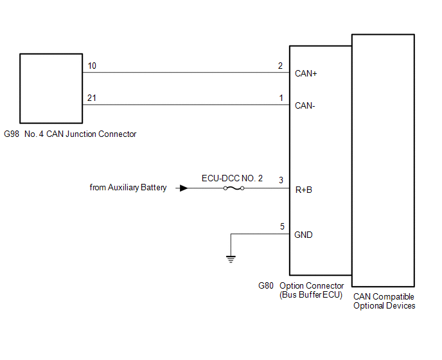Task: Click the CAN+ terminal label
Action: [306, 73]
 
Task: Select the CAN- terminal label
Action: [305, 105]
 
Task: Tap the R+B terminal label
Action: [304, 190]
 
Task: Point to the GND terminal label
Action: [303, 235]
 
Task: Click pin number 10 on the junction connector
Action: [91, 66]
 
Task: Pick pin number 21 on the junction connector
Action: [91, 98]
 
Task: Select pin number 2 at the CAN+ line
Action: [280, 66]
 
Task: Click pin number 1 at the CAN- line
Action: [280, 98]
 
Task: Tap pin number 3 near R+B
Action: [281, 180]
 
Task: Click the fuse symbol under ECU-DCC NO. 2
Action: [233, 188]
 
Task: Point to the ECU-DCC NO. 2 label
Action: [233, 178]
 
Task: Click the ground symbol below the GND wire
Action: [230, 259]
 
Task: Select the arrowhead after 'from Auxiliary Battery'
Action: [184, 188]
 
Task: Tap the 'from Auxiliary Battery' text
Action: [128, 188]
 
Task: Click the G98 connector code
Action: [12, 134]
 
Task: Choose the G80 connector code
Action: [266, 285]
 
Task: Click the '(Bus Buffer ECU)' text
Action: [311, 295]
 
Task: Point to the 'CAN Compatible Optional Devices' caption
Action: [384, 301]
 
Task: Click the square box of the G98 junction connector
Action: [51, 88]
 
